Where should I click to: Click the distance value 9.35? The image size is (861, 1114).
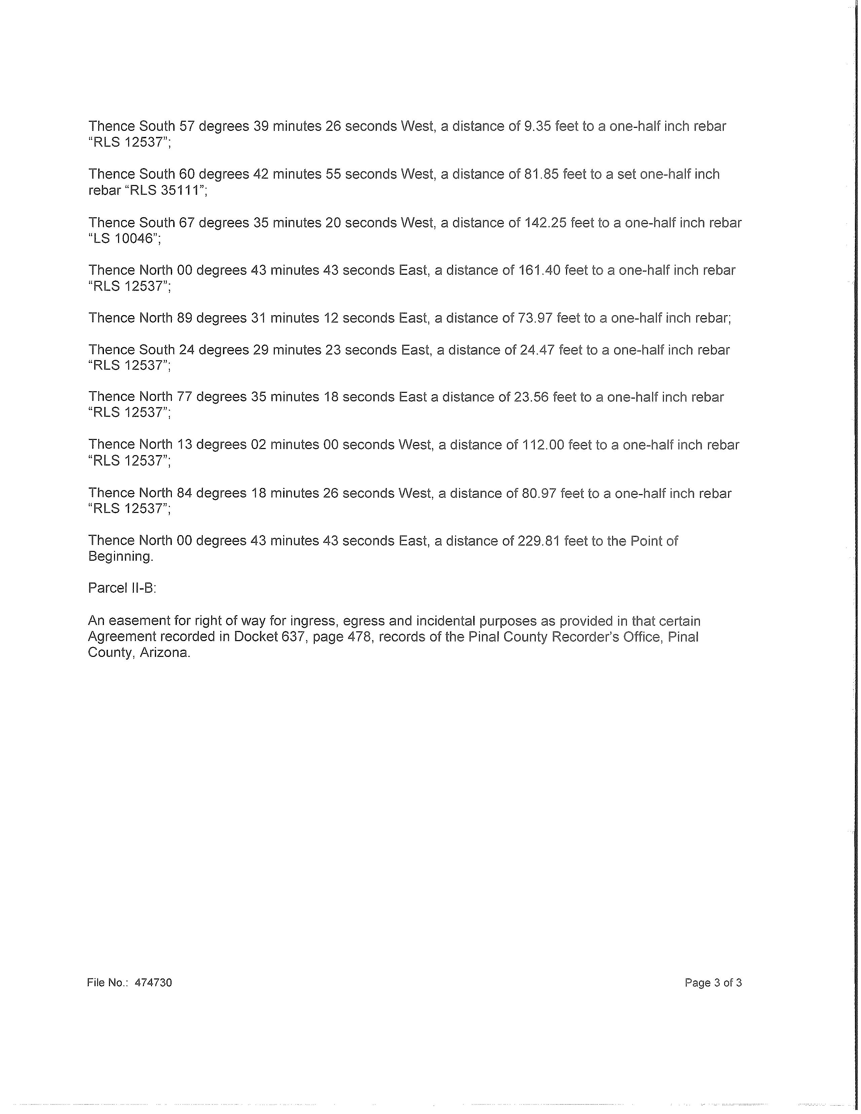click(537, 126)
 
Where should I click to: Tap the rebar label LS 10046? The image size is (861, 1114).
click(124, 238)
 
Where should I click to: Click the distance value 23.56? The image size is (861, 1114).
click(531, 397)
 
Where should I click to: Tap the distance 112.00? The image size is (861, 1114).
click(543, 445)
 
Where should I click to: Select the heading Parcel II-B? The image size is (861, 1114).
click(122, 588)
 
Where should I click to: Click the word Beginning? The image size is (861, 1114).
click(120, 556)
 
